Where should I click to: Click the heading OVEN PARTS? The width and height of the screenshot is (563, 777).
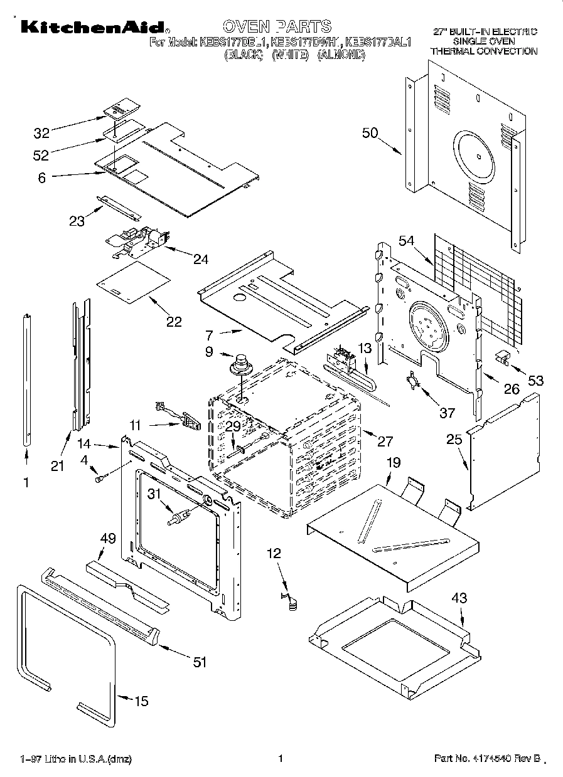coord(276,26)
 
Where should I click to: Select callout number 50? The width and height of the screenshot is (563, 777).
coord(370,133)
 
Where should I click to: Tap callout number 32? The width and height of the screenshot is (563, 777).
coord(41,133)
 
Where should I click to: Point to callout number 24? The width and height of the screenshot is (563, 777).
coord(201,258)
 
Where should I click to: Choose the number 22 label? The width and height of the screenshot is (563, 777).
coord(174,322)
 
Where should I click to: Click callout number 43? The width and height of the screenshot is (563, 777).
coord(459,598)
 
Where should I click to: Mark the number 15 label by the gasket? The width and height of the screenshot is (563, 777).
coord(142,701)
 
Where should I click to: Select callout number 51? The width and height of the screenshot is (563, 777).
coord(199,662)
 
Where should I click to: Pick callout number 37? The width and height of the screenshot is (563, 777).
coord(446,412)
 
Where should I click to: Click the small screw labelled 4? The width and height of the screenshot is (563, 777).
coord(99,479)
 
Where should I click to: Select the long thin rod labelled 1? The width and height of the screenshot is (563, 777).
coord(27,379)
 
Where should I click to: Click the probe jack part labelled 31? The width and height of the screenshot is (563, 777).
coord(176,518)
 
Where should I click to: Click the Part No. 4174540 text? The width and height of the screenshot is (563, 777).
coord(486,759)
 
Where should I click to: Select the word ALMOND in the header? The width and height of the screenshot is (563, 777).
coord(341,55)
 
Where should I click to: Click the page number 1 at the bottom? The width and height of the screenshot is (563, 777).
coord(281,758)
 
